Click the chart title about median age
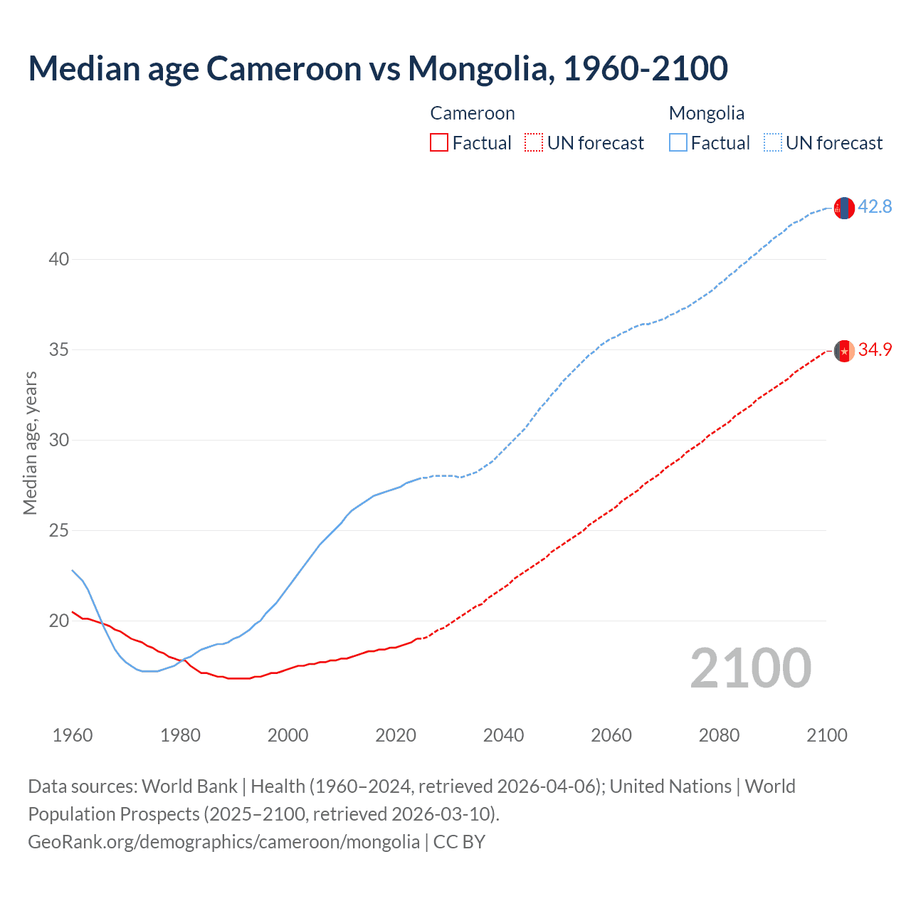coord(378,68)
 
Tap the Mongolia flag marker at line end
coord(843,208)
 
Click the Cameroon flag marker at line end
coord(843,351)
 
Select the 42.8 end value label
coord(875,207)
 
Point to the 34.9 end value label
coord(875,350)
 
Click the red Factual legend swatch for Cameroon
coord(439,143)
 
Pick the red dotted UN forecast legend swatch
coord(534,143)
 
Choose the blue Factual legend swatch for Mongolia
coord(678,143)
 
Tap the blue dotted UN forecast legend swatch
coord(772,143)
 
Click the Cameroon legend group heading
coord(473,113)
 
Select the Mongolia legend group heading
coord(707,113)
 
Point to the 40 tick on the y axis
coord(59,259)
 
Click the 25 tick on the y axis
coord(59,531)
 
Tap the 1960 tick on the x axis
coord(73,735)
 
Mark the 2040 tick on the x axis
coord(504,735)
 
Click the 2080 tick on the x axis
coord(719,735)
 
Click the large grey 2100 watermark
coord(751,668)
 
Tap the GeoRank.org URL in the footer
coord(223,842)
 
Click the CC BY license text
coord(460,842)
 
